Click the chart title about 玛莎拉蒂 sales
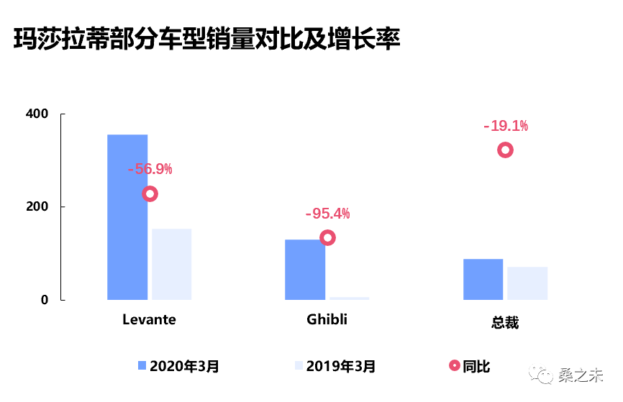tap(207, 39)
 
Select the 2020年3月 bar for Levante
tap(127, 216)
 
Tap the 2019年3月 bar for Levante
tap(171, 264)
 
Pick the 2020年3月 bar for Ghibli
tap(305, 269)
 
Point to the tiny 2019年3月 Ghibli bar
tap(350, 298)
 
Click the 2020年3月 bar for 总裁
tap(483, 279)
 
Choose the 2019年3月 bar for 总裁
tap(527, 283)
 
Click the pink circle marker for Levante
tap(150, 193)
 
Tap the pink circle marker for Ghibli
tap(327, 238)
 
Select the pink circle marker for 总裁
tap(505, 150)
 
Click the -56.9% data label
tap(150, 170)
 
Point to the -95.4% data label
tap(327, 214)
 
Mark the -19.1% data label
tap(505, 126)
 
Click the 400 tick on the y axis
tap(37, 114)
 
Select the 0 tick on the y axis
tap(45, 300)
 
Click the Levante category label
tap(149, 319)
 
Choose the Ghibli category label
tap(327, 319)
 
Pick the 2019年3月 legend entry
tap(335, 366)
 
